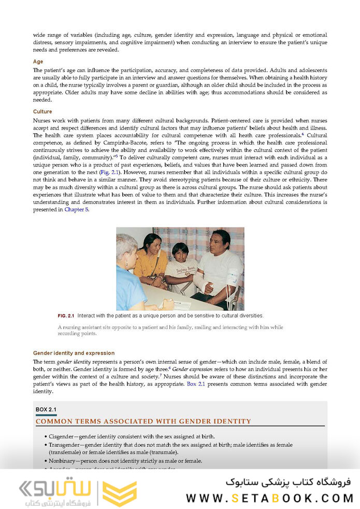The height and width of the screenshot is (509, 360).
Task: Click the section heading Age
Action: click(38, 62)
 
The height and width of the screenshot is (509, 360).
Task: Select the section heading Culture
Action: click(42, 111)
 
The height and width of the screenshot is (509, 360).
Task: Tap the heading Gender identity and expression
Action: click(74, 353)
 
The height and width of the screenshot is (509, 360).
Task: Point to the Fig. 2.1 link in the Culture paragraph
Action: click(109, 171)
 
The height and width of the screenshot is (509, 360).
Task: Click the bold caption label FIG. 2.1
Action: click(66, 316)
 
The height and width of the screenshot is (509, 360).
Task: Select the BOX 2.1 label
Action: click(46, 409)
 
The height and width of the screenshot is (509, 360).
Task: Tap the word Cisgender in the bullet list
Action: click(66, 436)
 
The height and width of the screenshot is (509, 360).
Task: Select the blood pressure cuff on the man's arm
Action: click(232, 281)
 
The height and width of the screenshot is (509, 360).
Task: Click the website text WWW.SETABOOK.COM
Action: click(269, 498)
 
